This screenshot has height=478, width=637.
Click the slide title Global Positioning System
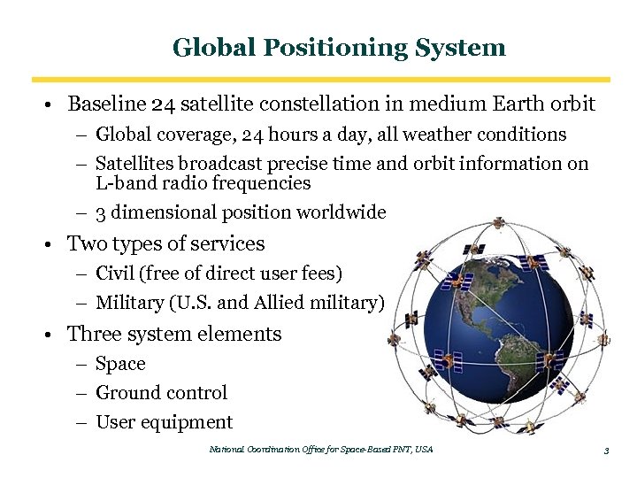pyautogui.click(x=339, y=47)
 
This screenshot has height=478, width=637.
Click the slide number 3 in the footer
pyautogui.click(x=606, y=451)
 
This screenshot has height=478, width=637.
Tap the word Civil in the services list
pyautogui.click(x=112, y=274)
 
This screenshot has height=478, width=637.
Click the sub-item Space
pyautogui.click(x=120, y=364)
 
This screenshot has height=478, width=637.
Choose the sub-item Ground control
pyautogui.click(x=161, y=393)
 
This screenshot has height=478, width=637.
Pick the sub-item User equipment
pyautogui.click(x=164, y=422)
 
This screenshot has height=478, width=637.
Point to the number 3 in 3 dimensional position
pyautogui.click(x=100, y=212)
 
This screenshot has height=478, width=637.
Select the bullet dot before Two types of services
pyautogui.click(x=55, y=244)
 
